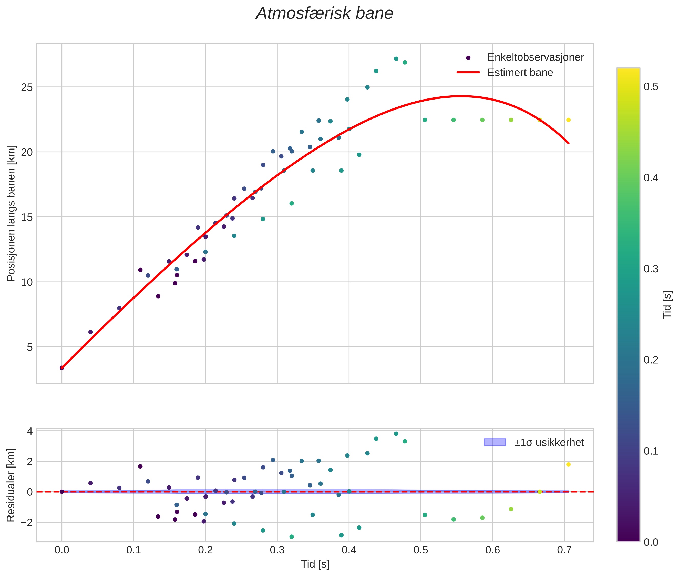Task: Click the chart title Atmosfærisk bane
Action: coord(324,14)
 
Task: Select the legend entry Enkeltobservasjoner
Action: coord(535,57)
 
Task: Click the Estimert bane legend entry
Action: coord(520,73)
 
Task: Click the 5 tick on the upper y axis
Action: coord(30,347)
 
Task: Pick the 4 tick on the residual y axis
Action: coord(30,431)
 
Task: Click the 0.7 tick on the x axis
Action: coord(564,550)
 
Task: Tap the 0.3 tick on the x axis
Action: coord(277,550)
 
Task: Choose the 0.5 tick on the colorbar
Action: coord(651,87)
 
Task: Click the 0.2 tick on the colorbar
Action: coord(651,360)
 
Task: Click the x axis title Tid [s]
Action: coord(315,564)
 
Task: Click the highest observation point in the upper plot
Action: coord(396,59)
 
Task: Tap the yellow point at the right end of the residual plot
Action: coord(568,464)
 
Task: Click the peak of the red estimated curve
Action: coord(460,96)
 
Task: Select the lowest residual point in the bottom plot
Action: coord(291,537)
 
